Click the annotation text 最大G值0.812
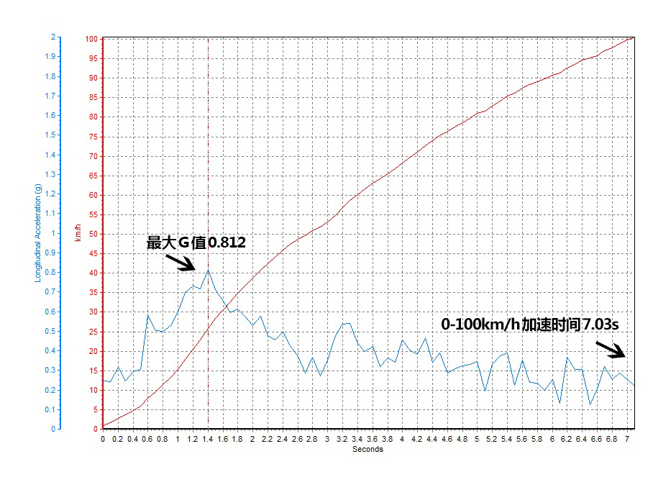point(196,243)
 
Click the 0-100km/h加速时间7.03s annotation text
point(530,325)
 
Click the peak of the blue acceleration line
point(208,270)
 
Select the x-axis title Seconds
point(367,450)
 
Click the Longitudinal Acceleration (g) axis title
point(38,232)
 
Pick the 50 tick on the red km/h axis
point(93,234)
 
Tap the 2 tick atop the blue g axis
point(53,37)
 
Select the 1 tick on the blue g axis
point(53,233)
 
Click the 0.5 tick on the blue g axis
point(50,331)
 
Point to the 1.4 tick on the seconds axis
point(208,438)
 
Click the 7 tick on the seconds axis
point(627,438)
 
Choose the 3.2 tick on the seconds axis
point(342,438)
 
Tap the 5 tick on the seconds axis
point(477,438)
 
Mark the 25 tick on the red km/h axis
point(93,332)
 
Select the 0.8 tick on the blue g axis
point(50,272)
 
